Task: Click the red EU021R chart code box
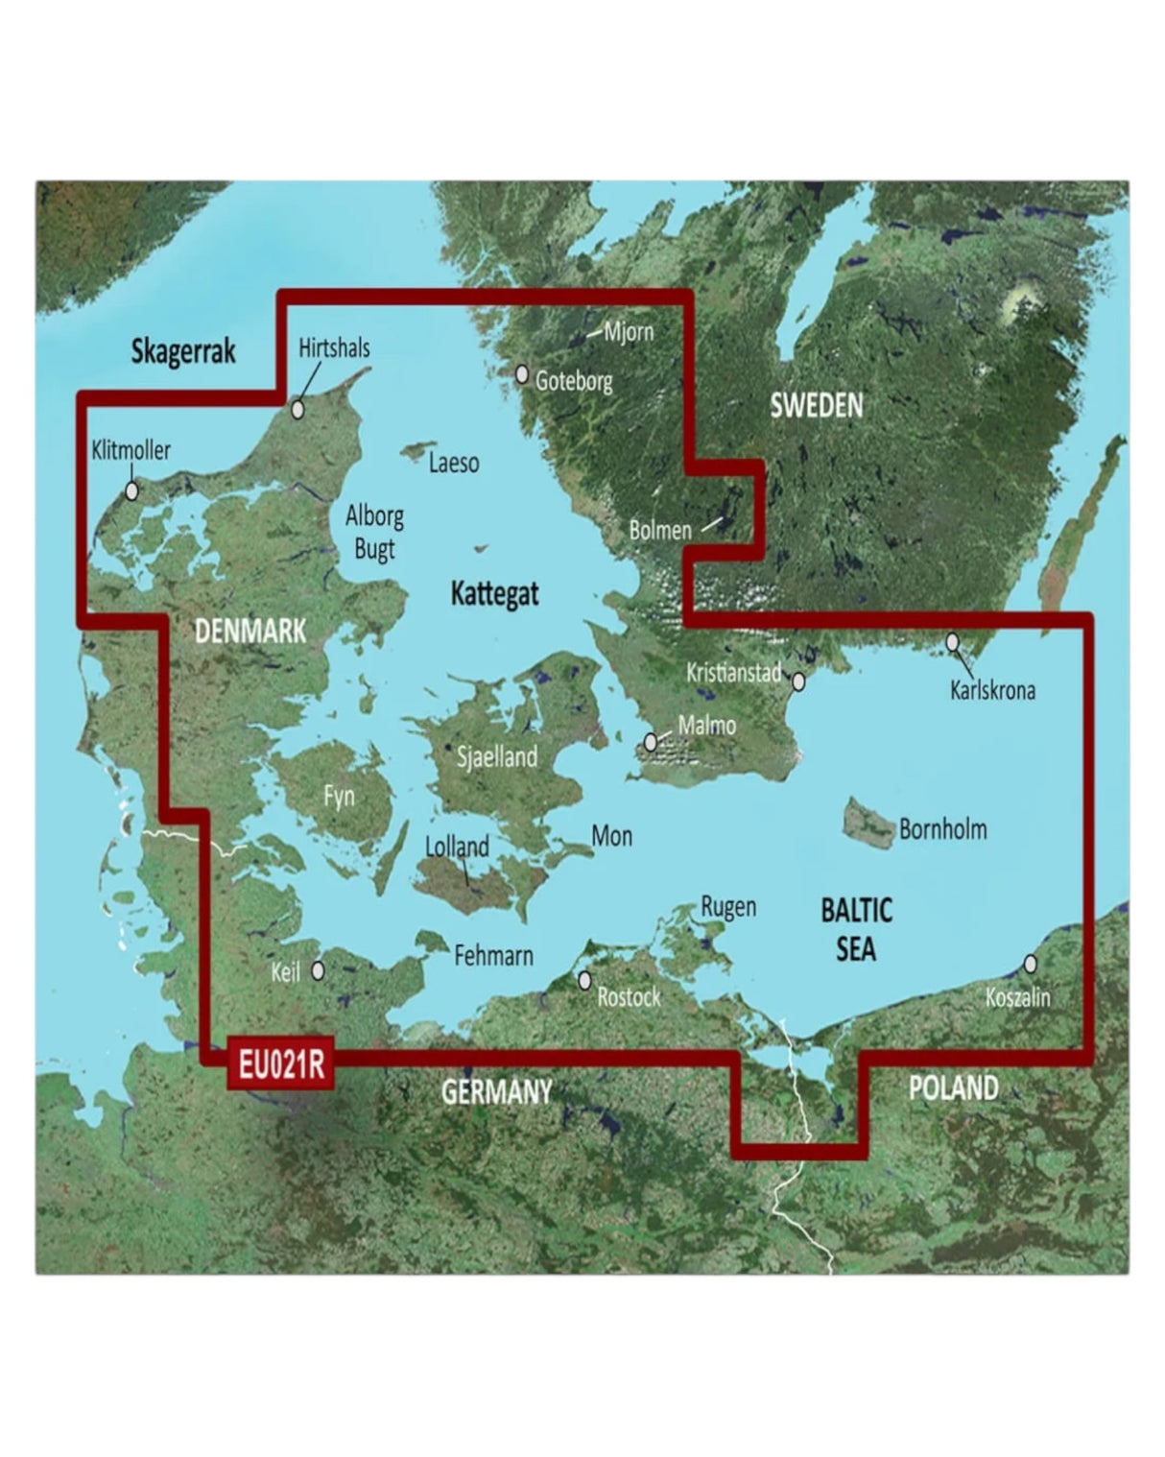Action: point(280,1064)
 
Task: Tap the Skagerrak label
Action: point(182,352)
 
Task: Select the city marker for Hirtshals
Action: point(298,410)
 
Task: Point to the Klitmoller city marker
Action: point(131,490)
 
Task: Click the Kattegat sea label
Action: point(494,594)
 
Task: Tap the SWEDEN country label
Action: point(816,406)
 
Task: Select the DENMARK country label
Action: point(250,631)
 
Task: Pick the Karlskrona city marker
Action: point(953,641)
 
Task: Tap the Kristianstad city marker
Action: point(797,681)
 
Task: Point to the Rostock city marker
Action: point(584,980)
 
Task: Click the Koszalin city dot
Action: point(1031,963)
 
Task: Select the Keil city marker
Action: point(318,971)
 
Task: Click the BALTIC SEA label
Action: point(855,928)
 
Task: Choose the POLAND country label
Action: point(953,1087)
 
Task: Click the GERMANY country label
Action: point(496,1091)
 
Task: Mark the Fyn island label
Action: point(339,796)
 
